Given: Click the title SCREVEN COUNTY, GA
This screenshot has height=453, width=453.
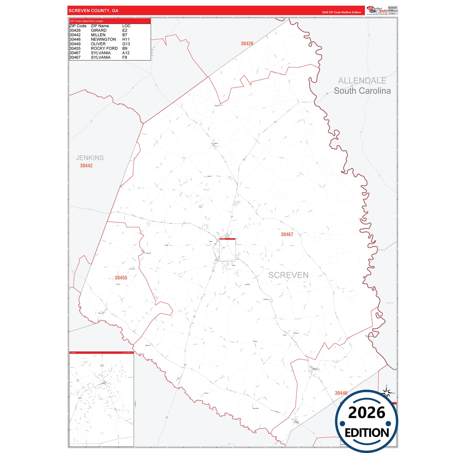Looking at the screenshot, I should point(93,11).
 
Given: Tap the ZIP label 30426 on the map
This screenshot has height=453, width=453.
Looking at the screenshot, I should point(247,44).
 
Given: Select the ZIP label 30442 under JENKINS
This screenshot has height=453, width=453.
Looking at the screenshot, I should point(86,166).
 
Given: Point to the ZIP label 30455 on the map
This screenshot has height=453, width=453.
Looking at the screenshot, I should point(121,278).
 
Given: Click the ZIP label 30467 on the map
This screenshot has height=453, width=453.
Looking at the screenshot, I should point(287,234).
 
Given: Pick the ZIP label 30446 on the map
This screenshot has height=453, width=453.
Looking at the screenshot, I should point(341,393).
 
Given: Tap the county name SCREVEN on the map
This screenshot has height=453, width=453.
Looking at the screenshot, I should point(288,275).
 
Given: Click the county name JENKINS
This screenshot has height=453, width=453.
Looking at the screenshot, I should point(90,158).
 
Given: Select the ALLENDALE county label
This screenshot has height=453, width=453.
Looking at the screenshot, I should point(362,81).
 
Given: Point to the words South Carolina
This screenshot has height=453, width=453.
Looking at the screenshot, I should point(362,91).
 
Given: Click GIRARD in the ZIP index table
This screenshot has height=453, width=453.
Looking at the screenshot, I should point(99,30).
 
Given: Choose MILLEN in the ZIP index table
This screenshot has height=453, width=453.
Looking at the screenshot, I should point(98,35).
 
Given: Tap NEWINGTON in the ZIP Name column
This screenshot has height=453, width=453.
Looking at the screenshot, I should point(103,40).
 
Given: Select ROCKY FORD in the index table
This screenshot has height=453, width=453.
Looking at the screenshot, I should point(104,48).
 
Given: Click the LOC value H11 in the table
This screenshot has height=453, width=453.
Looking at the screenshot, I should point(126,40).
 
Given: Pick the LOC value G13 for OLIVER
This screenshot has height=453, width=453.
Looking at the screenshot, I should point(126,44).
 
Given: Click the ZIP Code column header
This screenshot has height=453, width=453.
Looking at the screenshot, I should point(78,26).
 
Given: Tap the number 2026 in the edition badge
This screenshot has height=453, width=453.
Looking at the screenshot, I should point(366,413).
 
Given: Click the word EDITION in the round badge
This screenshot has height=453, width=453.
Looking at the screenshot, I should point(367,433).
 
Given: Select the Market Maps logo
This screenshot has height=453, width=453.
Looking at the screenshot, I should point(377,10).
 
